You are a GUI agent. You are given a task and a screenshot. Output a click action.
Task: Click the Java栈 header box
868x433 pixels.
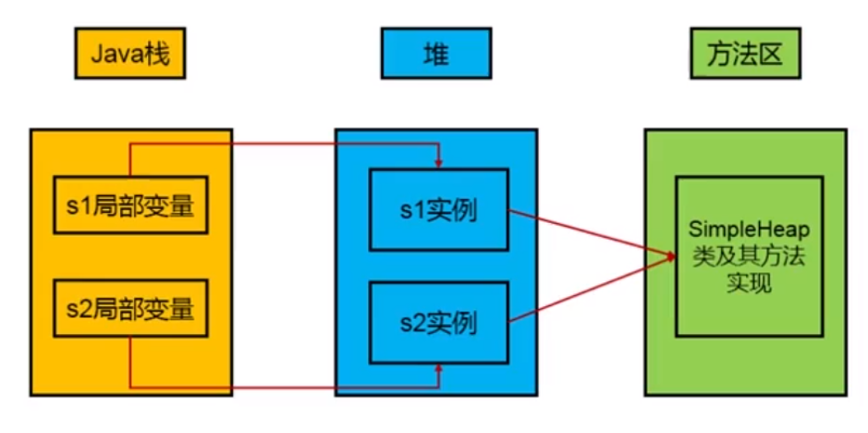(130, 54)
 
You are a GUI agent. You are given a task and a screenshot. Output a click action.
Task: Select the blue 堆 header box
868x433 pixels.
(436, 54)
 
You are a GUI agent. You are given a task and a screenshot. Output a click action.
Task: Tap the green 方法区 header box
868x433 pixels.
(745, 54)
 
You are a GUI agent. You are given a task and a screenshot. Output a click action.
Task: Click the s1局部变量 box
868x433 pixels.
(130, 205)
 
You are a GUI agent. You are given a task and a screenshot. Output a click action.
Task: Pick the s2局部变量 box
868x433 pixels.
(130, 308)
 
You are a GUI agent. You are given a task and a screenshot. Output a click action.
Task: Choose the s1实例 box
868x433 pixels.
(439, 210)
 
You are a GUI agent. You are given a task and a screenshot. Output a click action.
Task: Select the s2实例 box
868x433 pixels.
(439, 323)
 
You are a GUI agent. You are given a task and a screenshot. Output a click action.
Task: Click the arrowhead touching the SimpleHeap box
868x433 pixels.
(672, 256)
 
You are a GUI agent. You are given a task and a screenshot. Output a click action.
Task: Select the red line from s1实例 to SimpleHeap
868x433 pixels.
(592, 233)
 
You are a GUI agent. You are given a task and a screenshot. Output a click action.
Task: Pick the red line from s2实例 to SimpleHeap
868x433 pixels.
(592, 289)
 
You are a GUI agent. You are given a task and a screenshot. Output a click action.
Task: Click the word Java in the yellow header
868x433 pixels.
(115, 55)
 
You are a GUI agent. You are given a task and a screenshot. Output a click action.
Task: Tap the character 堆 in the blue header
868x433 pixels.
(436, 55)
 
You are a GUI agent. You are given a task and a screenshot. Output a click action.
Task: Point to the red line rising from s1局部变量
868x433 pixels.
(130, 160)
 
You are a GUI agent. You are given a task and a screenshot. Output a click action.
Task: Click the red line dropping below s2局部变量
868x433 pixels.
(130, 362)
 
